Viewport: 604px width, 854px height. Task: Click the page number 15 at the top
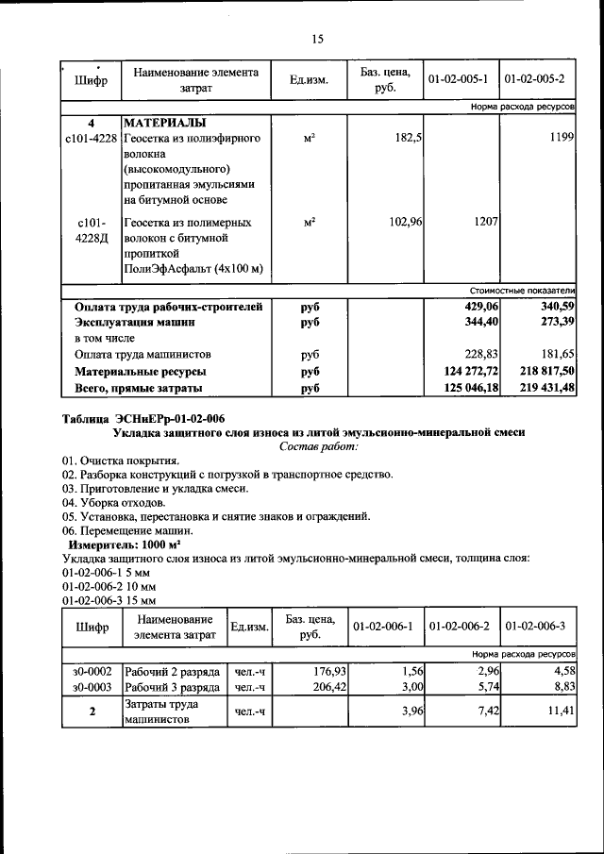[x=316, y=39]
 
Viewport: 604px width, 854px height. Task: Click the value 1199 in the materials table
[x=558, y=139]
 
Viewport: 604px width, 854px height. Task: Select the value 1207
[x=482, y=223]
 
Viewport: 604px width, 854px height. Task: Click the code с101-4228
[x=90, y=139]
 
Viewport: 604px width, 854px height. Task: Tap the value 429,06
[x=478, y=307]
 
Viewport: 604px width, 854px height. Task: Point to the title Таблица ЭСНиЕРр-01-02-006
[x=143, y=418]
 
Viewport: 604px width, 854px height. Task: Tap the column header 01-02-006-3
[x=534, y=627]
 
